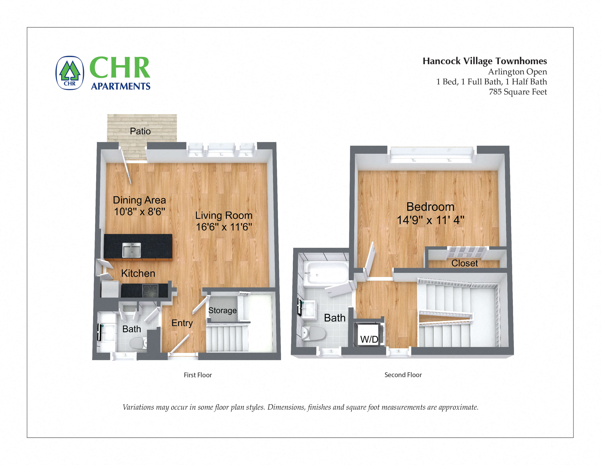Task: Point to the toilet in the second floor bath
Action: pyautogui.click(x=314, y=334)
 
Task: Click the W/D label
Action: pyautogui.click(x=369, y=339)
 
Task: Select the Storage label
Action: pyautogui.click(x=222, y=311)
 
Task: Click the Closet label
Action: pyautogui.click(x=465, y=263)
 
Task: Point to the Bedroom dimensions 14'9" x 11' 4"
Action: pyautogui.click(x=430, y=220)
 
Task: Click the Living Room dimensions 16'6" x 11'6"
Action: pyautogui.click(x=224, y=227)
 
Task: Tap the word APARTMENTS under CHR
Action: pyautogui.click(x=121, y=86)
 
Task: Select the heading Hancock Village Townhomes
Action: pyautogui.click(x=485, y=61)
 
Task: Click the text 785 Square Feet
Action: pyautogui.click(x=518, y=92)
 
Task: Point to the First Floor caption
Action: pyautogui.click(x=198, y=375)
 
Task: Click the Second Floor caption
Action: pyautogui.click(x=403, y=375)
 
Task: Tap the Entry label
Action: pyautogui.click(x=182, y=323)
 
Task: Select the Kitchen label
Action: pyautogui.click(x=138, y=273)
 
